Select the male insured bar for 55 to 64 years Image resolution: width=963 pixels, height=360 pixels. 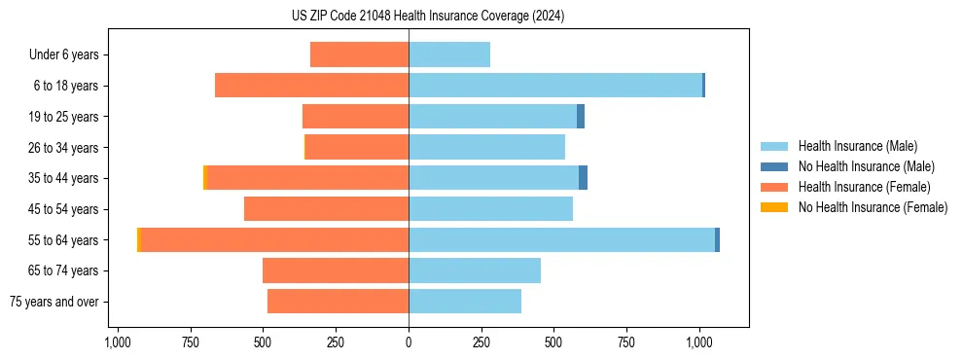click(x=561, y=239)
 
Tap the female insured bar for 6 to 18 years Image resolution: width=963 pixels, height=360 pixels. click(x=311, y=86)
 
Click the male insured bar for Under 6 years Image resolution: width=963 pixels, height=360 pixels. click(x=449, y=54)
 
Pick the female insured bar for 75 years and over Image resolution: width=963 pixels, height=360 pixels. click(x=338, y=302)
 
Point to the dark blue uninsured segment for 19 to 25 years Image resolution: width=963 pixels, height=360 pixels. click(x=581, y=117)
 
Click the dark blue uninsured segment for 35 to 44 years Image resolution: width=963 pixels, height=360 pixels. click(x=584, y=178)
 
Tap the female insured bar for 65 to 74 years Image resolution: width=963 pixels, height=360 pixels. click(x=336, y=270)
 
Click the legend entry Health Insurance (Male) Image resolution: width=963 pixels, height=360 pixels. click(x=857, y=146)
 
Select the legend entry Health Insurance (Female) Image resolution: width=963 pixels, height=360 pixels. click(x=864, y=187)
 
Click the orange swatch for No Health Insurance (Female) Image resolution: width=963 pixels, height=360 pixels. click(x=775, y=207)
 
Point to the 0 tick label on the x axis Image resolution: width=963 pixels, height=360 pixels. click(x=409, y=343)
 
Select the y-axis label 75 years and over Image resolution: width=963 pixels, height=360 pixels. click(x=54, y=302)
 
